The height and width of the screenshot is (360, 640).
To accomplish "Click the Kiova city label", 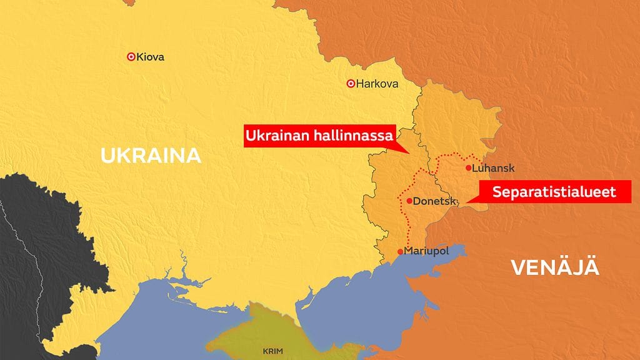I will coord(151,57).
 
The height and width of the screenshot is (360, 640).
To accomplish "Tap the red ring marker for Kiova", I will coord(131,56).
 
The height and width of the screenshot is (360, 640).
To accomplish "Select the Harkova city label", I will coord(377,83).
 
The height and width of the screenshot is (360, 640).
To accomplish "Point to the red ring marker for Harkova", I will coord(351,83).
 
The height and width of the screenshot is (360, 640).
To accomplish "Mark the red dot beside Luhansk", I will coord(468,167).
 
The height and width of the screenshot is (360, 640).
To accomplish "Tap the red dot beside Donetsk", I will coord(409,201).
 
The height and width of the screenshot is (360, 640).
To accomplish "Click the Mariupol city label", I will coord(427,251).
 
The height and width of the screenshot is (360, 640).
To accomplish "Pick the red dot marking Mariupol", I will coord(400,252).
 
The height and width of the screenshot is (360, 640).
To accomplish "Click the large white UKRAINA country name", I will coord(151,156).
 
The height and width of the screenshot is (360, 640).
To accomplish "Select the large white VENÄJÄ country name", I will coord(555,268).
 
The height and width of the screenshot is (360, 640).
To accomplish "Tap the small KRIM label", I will coord(272,352).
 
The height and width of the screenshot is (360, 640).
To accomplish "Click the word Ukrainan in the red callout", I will coord(278,135).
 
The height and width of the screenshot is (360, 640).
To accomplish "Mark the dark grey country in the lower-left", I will coord(37,250).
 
